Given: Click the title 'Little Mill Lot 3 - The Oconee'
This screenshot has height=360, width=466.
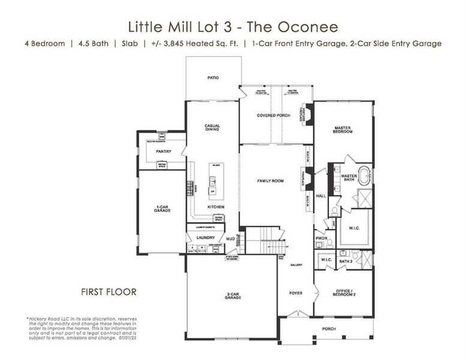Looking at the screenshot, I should click(233, 26).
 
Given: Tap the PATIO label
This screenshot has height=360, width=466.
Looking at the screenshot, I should click(212, 77).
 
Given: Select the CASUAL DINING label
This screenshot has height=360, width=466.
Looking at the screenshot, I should click(212, 128).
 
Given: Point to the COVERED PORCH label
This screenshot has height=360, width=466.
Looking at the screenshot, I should click(273, 115).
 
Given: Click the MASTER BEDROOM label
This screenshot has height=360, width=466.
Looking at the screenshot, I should click(342, 130).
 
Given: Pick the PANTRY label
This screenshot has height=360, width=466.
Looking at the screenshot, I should click(163, 151).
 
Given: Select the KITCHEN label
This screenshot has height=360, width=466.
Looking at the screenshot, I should click(216, 206).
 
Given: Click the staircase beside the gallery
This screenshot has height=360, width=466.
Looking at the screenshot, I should click(264, 243).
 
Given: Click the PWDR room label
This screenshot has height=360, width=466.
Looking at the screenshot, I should click(321, 239).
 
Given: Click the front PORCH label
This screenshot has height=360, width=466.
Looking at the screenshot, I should click(329, 329).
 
